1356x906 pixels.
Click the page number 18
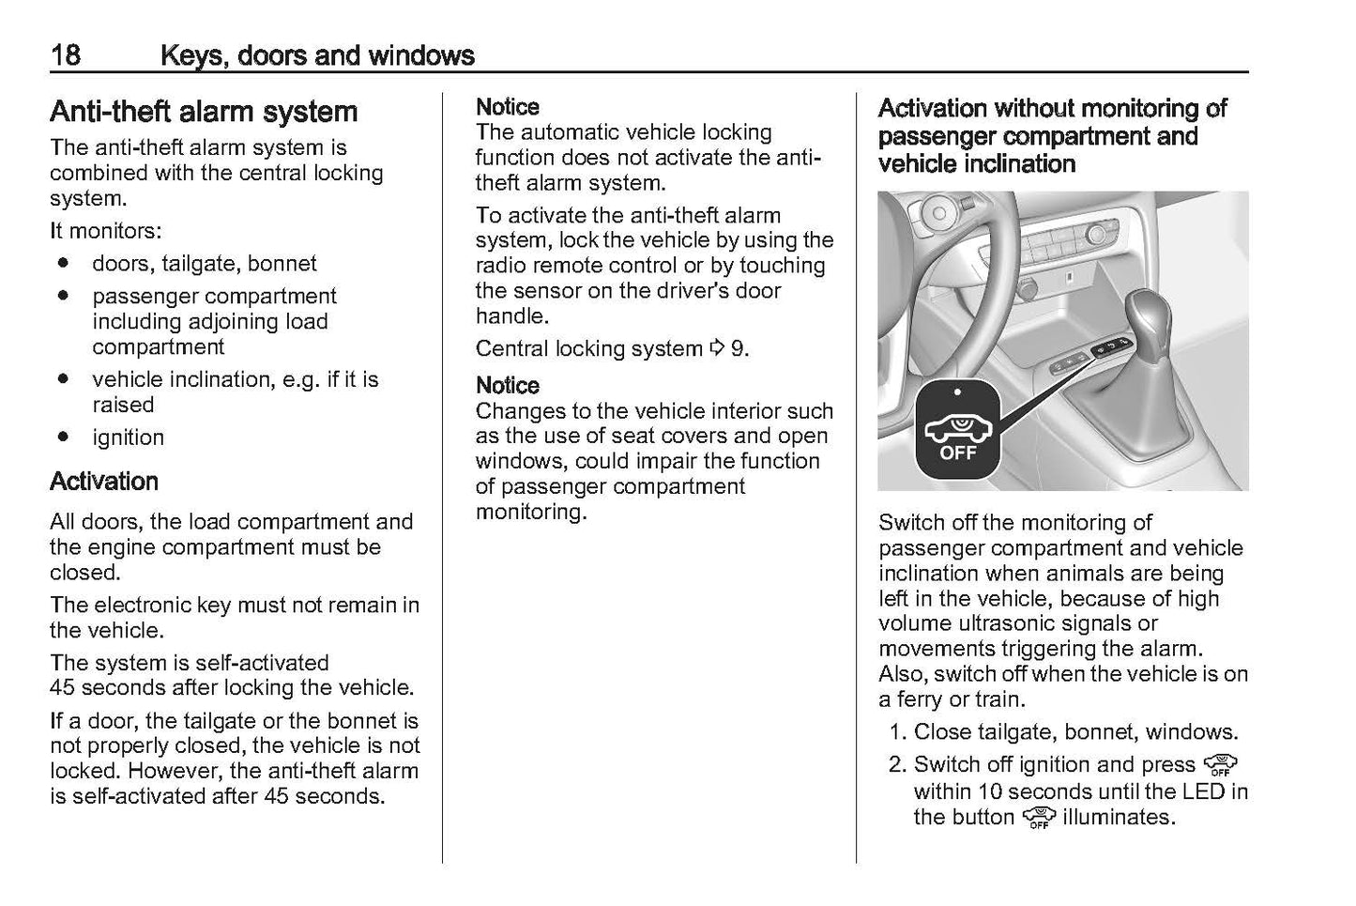[65, 54]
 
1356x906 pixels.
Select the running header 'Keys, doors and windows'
[317, 55]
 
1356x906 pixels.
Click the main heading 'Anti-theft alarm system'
[204, 112]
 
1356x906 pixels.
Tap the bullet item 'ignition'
[128, 438]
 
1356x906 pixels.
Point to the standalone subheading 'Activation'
[104, 482]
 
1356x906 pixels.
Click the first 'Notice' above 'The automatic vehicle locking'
[508, 107]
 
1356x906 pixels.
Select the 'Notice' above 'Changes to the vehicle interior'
[508, 386]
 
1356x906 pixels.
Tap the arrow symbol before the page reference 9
[718, 349]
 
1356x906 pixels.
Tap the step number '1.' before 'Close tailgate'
[897, 732]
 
